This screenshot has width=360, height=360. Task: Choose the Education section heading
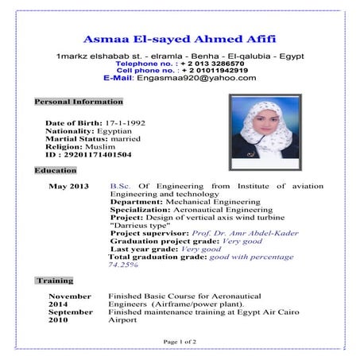point(56,170)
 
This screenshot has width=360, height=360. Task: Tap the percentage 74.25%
point(124,265)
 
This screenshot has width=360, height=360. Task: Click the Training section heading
point(56,281)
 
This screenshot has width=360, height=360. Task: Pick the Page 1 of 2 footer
point(180,340)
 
